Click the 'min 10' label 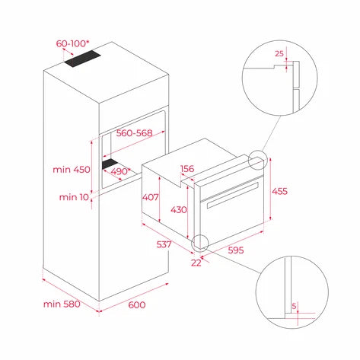click(73, 198)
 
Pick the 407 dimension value click(151, 197)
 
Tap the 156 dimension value click(188, 169)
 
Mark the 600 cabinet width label click(136, 305)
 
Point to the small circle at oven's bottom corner click(201, 242)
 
